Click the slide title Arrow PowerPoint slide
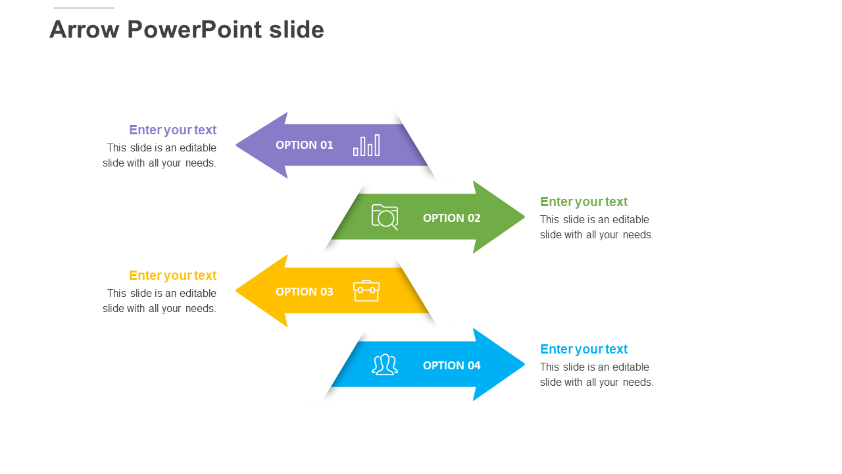(187, 30)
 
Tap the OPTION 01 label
(304, 145)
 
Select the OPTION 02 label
(451, 218)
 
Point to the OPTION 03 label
(304, 292)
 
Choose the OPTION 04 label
(451, 365)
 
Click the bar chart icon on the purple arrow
(366, 145)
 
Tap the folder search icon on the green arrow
(385, 217)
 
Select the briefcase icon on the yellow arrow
(366, 290)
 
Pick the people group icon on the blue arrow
(385, 364)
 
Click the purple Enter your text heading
(172, 130)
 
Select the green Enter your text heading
(583, 201)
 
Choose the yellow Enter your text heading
(172, 275)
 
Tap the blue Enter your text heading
(583, 349)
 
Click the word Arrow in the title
(84, 30)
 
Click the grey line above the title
(84, 8)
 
